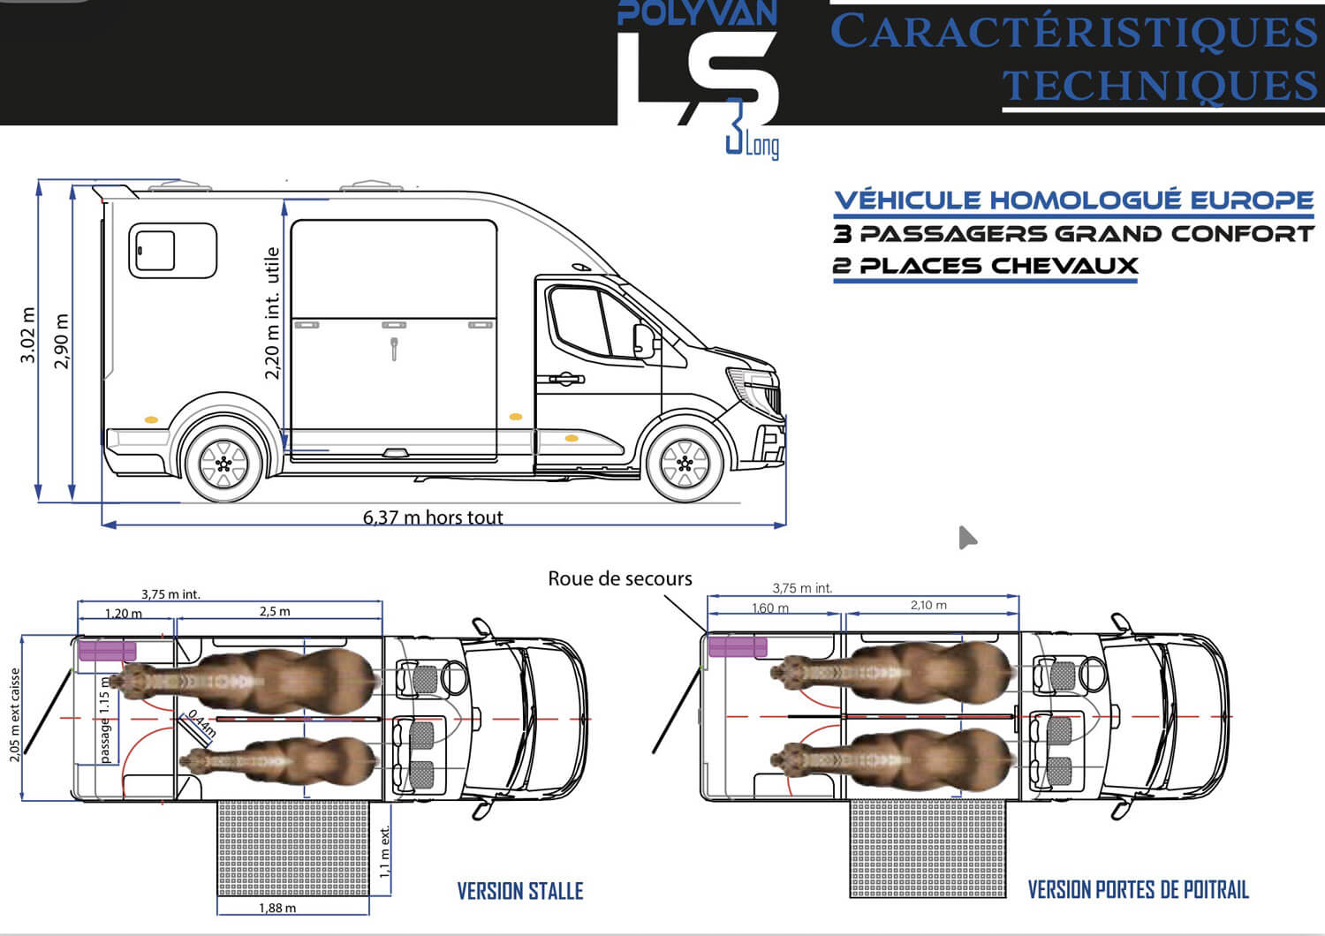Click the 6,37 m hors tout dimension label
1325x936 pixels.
(x=433, y=517)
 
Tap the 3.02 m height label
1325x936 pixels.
(x=27, y=335)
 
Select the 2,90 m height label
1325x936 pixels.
(x=62, y=341)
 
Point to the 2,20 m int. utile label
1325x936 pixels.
(x=271, y=313)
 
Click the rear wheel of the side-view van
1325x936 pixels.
(x=223, y=464)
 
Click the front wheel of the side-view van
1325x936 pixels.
(x=685, y=464)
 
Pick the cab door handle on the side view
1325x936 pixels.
(x=565, y=379)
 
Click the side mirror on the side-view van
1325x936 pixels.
(x=644, y=341)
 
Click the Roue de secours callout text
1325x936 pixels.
(x=620, y=578)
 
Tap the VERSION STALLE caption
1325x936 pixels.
(x=520, y=891)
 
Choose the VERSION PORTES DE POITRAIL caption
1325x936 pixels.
(x=1138, y=889)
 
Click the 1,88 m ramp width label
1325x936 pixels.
(x=277, y=908)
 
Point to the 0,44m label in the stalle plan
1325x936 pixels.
(x=202, y=723)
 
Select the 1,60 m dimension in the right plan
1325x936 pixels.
(x=770, y=608)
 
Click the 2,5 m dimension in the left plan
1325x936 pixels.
(x=275, y=611)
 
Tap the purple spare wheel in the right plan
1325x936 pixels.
(x=738, y=646)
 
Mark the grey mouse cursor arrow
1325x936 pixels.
(x=966, y=538)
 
